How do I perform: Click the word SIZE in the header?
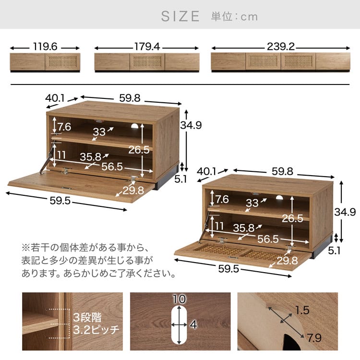(180, 16)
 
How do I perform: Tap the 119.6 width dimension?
(45, 48)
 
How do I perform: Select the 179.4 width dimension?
(146, 48)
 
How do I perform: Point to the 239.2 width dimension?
(281, 48)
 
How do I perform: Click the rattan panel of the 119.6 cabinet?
(62, 62)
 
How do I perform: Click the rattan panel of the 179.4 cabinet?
(147, 62)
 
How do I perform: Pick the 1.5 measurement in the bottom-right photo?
(302, 311)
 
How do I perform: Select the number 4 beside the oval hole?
(193, 325)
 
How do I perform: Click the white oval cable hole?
(179, 325)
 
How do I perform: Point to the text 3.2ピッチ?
(96, 330)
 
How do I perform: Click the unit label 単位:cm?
(234, 16)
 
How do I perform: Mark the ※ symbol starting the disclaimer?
(26, 249)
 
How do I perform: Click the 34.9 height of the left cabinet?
(191, 125)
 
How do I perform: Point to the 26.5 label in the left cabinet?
(139, 149)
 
